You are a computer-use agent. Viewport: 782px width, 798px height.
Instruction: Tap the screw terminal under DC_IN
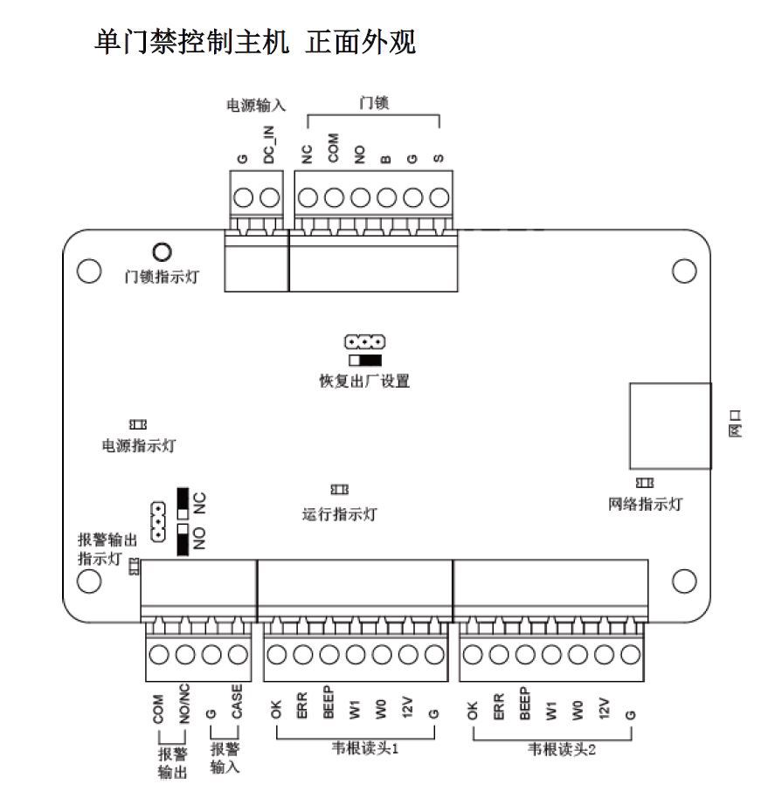pos(270,197)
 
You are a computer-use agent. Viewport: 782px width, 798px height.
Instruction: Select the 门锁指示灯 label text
pos(162,277)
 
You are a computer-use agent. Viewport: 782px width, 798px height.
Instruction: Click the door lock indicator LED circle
pos(162,252)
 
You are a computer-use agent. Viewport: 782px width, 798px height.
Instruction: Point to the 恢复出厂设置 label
pos(364,382)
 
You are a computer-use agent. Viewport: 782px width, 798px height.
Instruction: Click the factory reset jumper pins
pos(364,341)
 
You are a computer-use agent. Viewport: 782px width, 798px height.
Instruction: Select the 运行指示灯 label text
pos(340,514)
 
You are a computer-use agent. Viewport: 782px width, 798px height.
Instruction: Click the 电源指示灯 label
pos(139,445)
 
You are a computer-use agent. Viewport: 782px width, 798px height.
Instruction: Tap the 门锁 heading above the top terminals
pos(374,103)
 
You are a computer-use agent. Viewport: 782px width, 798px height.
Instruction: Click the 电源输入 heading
pos(256,105)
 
